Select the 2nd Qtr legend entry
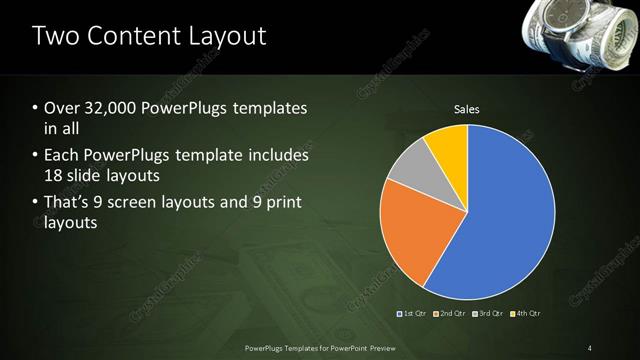[x=450, y=314]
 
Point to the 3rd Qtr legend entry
[x=487, y=314]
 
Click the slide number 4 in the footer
[x=589, y=348]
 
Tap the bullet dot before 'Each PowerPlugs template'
[x=36, y=156]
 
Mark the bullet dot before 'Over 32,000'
[x=36, y=108]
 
